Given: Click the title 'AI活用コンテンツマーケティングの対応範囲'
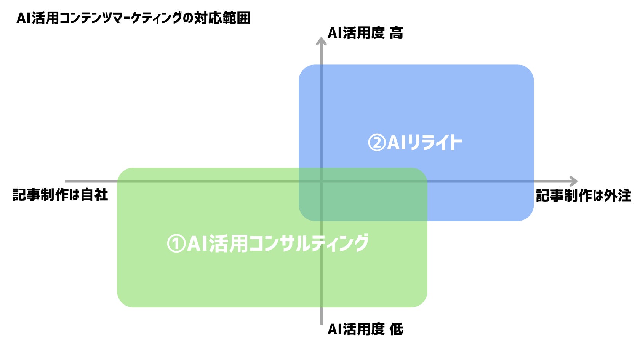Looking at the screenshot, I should [133, 18].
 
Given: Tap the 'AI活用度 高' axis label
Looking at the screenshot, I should [365, 33].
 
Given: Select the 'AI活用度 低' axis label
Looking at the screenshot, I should [365, 329].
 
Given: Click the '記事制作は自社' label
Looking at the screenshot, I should [60, 195].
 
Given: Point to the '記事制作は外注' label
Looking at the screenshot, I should [583, 196].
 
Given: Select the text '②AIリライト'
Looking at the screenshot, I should [415, 143].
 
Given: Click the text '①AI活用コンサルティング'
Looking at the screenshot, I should [267, 243].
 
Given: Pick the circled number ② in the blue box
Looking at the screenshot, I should [377, 143].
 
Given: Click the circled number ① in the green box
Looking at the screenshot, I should [176, 244].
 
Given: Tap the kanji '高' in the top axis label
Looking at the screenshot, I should [396, 33].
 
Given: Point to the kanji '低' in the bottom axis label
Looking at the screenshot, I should [396, 329].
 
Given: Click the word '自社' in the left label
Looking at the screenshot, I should [94, 195].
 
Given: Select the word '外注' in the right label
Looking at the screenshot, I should [618, 196].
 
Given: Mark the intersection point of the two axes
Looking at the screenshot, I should [322, 181].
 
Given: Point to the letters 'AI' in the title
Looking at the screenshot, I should [23, 18].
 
